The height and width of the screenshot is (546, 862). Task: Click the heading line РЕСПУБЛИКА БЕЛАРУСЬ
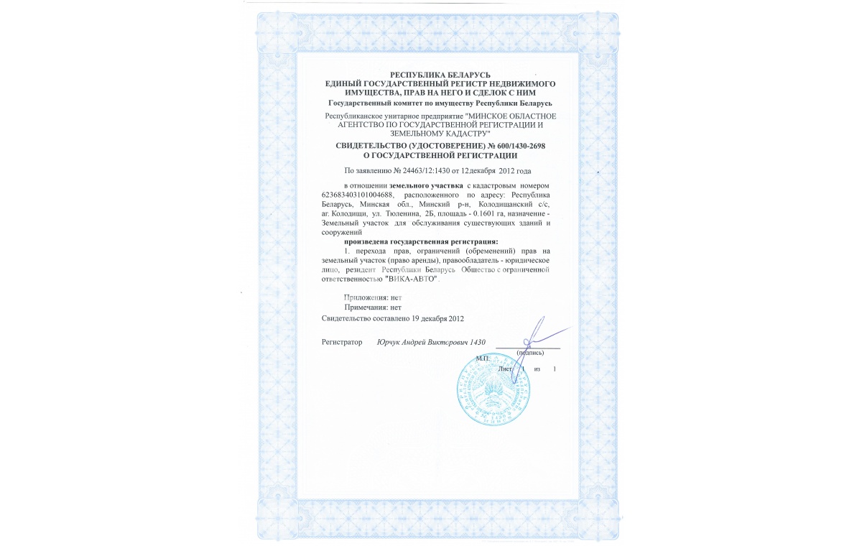[x=440, y=75]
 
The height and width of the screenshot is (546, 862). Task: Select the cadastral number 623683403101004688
[x=357, y=195]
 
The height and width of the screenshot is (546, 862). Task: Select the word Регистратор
[x=342, y=343]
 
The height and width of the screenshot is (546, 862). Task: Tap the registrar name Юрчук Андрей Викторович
[x=422, y=343]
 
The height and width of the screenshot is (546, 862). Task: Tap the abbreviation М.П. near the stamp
[x=482, y=357]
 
